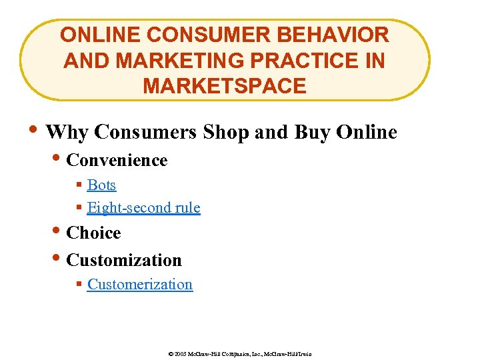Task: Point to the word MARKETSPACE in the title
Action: tap(225, 86)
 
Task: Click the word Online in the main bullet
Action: tap(367, 132)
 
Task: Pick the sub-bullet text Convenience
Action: tap(117, 160)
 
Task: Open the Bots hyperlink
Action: tap(101, 185)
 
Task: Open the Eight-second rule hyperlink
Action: tap(143, 207)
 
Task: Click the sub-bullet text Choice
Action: tap(93, 233)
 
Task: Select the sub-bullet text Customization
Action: tap(124, 259)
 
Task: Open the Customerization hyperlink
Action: tap(139, 284)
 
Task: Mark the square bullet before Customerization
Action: tap(79, 285)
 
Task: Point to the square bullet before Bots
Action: tap(79, 185)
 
